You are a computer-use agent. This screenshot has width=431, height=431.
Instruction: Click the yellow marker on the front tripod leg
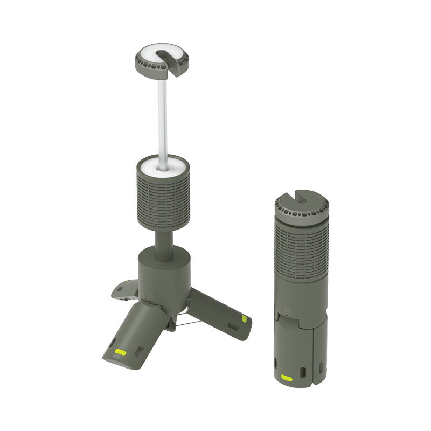coord(121,352)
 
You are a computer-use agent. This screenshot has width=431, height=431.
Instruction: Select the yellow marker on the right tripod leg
coord(244,319)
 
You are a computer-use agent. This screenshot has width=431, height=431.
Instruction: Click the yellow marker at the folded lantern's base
coord(287,378)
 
